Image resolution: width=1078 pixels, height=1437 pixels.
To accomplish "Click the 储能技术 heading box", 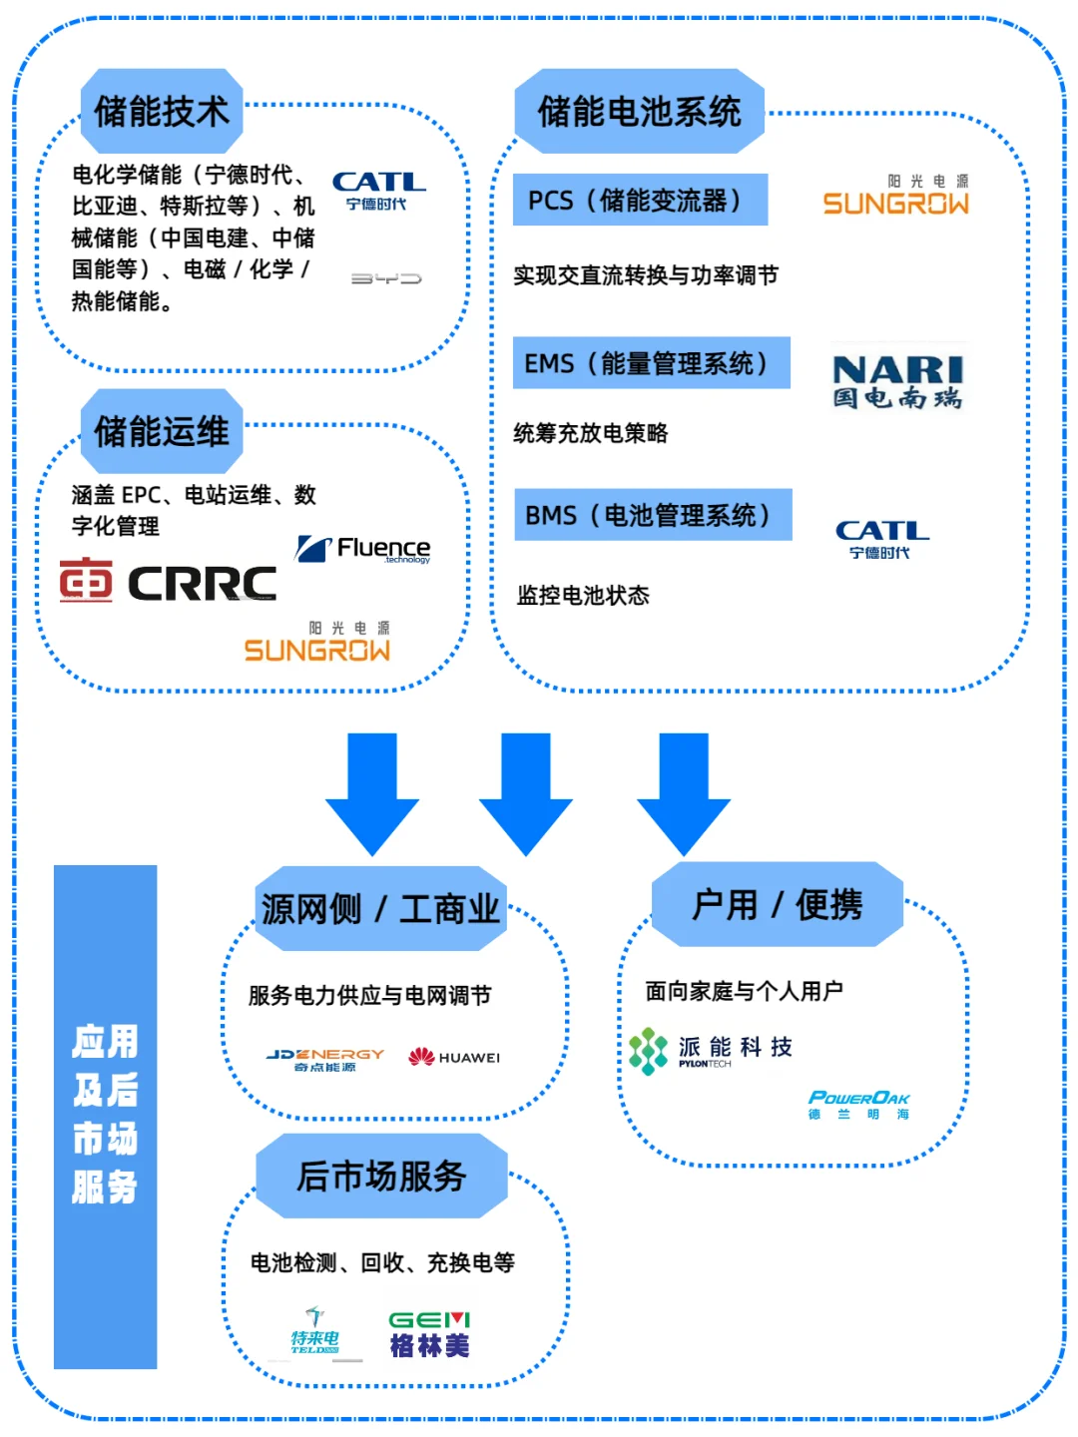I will [x=162, y=111].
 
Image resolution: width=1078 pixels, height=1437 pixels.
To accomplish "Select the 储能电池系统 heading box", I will [x=639, y=111].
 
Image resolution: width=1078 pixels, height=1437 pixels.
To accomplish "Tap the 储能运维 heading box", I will [x=162, y=431].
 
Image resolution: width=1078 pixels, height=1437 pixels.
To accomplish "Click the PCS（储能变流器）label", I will [x=640, y=200].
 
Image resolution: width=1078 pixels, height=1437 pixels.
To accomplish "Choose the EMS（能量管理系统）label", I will [x=651, y=363].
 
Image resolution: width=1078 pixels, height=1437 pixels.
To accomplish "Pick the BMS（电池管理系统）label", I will [x=653, y=515].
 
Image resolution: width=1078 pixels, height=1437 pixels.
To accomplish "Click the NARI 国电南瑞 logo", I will [x=897, y=382].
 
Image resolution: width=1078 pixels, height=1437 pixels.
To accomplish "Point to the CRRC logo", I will [x=168, y=581].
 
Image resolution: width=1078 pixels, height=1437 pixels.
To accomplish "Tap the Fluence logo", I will [x=363, y=548].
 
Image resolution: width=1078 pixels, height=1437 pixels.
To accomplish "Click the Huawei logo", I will [x=454, y=1057].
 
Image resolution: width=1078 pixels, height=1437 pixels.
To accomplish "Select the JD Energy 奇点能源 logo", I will [x=325, y=1060].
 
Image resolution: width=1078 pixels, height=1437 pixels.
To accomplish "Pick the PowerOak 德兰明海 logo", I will [x=858, y=1105].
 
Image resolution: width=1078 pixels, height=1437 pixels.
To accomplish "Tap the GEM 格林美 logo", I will [x=429, y=1334].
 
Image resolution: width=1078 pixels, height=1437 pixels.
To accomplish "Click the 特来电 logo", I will [x=314, y=1332].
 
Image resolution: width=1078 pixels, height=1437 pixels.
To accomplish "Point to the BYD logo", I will [x=386, y=278].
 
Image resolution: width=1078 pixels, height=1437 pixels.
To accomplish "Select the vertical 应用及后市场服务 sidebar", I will [x=105, y=1116].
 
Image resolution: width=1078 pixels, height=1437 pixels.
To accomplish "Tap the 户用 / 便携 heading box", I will [x=777, y=904].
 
